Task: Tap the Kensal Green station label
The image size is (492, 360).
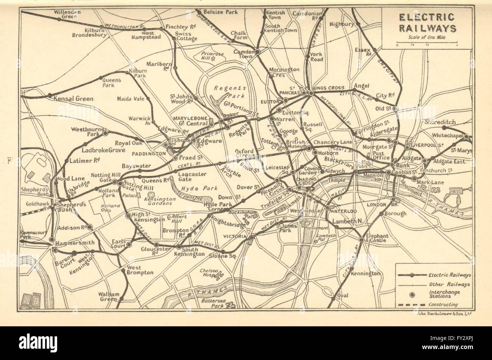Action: pyautogui.click(x=74, y=99)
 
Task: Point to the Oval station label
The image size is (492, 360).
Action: pyautogui.click(x=343, y=295)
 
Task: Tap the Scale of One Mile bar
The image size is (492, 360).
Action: pyautogui.click(x=427, y=44)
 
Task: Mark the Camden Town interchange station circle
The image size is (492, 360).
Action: pyautogui.click(x=257, y=51)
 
